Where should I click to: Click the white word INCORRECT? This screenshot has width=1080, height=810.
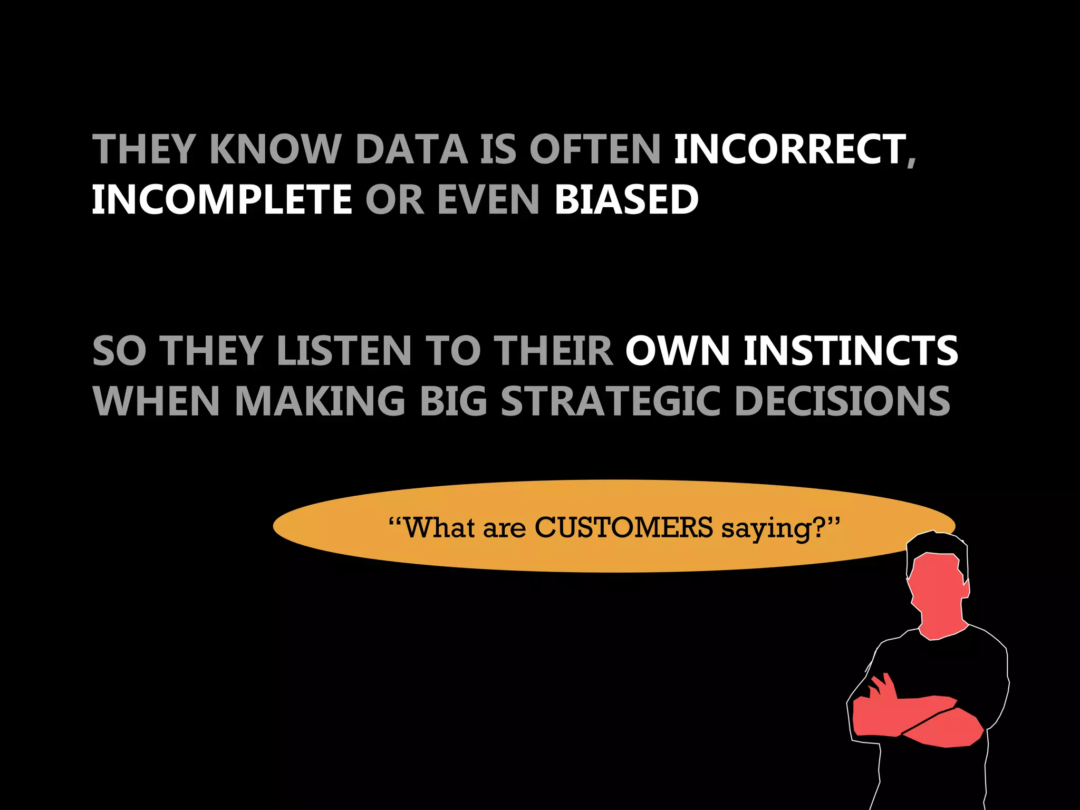[789, 149]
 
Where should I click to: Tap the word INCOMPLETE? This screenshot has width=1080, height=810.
[222, 200]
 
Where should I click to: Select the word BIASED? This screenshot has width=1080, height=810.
[626, 200]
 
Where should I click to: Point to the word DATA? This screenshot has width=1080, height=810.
[412, 149]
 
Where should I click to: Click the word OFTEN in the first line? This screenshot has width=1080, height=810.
[595, 149]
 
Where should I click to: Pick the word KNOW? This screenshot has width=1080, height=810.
[275, 149]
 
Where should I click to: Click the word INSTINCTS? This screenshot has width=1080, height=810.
[851, 351]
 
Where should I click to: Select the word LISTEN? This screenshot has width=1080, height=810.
[344, 351]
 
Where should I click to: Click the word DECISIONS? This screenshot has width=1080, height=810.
[842, 401]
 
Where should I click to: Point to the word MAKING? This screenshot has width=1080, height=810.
[320, 401]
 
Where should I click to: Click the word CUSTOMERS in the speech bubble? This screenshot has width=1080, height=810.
[624, 527]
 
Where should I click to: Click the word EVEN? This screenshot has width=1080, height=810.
[488, 200]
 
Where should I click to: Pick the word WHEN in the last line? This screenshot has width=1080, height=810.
[156, 401]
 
